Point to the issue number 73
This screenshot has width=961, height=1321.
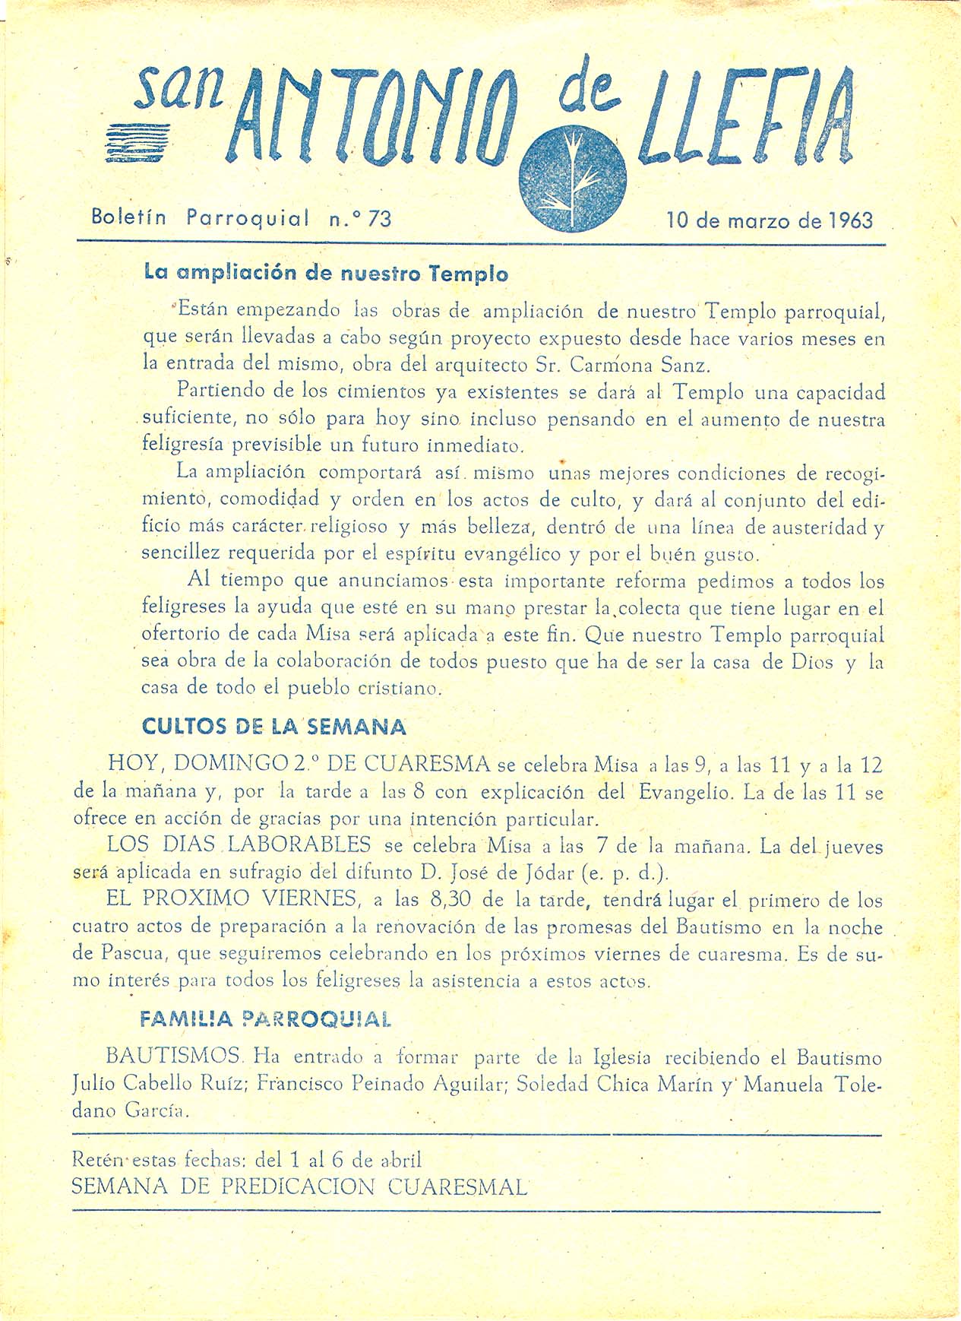click(x=379, y=219)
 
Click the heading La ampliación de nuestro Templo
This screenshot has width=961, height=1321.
click(x=326, y=274)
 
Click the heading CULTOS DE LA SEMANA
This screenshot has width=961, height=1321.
click(x=274, y=727)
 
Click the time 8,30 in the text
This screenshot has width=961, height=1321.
click(x=453, y=900)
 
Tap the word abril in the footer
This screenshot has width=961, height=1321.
click(x=400, y=1160)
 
